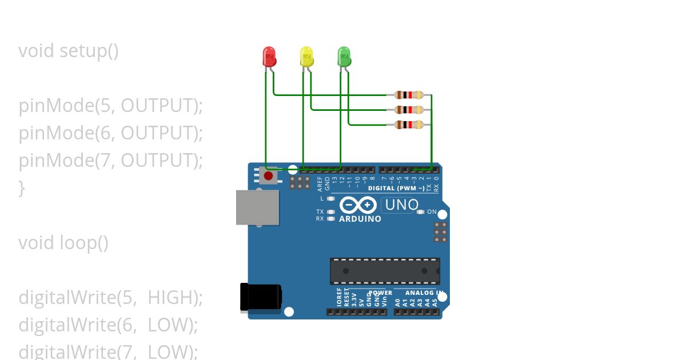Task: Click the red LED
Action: click(x=269, y=56)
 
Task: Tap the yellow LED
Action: click(x=307, y=56)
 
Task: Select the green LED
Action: click(x=344, y=56)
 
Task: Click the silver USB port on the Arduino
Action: click(x=257, y=207)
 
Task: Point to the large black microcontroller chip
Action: click(x=385, y=271)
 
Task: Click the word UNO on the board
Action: click(x=402, y=205)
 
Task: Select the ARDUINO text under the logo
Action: click(x=360, y=219)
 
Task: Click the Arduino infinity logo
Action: click(x=358, y=205)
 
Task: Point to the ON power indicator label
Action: click(x=432, y=212)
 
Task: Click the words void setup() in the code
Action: click(x=69, y=51)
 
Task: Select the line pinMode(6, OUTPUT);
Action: click(x=111, y=133)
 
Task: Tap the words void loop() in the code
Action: click(x=63, y=243)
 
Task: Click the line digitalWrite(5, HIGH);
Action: click(x=111, y=298)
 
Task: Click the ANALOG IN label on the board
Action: click(x=424, y=293)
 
